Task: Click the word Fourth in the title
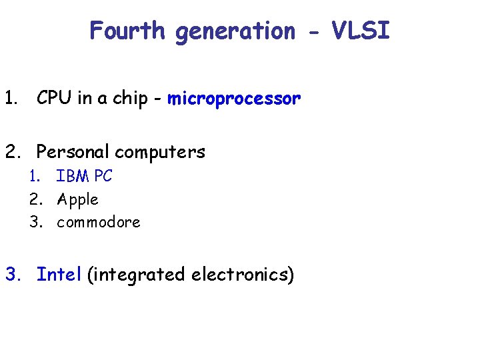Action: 127,31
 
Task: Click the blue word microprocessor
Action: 234,100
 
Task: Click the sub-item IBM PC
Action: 85,177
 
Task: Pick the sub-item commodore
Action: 99,222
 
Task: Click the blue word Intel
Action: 59,274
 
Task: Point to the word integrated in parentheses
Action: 137,275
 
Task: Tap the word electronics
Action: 242,274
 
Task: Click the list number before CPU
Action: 9,99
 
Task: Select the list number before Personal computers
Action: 12,152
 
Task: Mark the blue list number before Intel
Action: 13,274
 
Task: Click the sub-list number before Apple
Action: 37,199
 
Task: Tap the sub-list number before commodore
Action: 37,222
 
